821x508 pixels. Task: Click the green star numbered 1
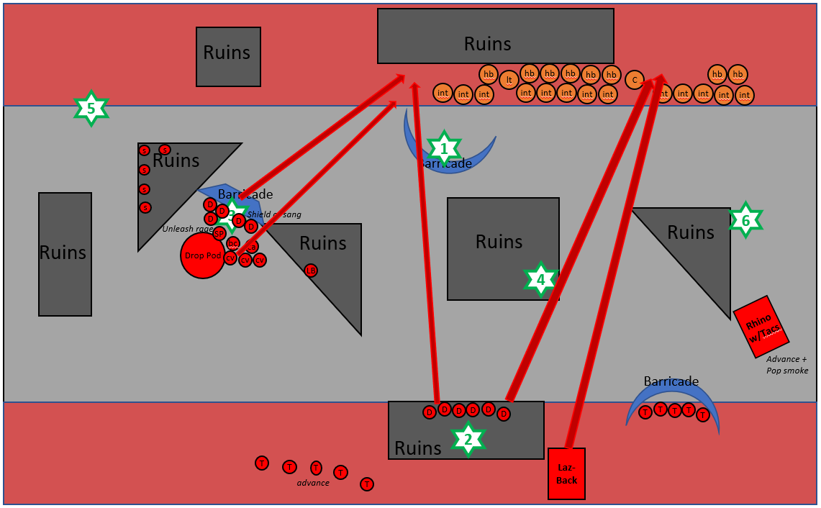(444, 149)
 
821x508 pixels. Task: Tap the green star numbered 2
(468, 439)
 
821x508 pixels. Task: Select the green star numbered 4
(540, 280)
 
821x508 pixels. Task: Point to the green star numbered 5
(91, 109)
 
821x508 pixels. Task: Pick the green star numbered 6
(745, 221)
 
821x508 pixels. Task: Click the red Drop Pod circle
(202, 255)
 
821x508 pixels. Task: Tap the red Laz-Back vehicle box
(566, 473)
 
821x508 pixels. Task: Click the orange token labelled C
(634, 80)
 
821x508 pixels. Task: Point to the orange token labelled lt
(509, 80)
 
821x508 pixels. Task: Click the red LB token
(311, 271)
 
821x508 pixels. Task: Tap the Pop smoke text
(787, 371)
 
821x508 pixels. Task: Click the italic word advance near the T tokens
(313, 483)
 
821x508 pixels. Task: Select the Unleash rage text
(187, 229)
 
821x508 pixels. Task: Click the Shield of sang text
(274, 214)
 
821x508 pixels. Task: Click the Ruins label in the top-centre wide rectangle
(487, 44)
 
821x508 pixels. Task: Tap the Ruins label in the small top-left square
(227, 53)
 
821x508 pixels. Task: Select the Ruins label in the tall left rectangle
(63, 253)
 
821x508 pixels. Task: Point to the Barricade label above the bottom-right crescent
(671, 381)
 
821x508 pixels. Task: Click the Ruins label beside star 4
(499, 242)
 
